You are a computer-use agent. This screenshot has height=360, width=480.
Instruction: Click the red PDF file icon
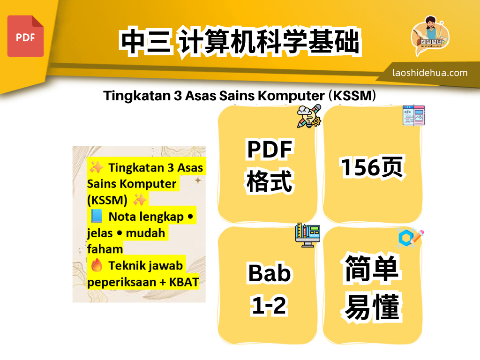(x=25, y=36)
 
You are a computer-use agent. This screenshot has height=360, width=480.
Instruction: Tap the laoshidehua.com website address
(x=430, y=73)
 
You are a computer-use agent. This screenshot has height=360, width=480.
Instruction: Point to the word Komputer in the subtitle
(x=297, y=96)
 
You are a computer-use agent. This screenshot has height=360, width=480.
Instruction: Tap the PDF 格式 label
(x=270, y=166)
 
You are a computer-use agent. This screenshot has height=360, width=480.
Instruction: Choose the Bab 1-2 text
(x=270, y=289)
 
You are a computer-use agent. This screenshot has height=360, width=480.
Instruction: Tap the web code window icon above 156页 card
(x=413, y=115)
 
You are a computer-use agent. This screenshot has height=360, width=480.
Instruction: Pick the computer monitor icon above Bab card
(x=308, y=235)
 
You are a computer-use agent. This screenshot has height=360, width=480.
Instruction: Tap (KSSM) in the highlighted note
(x=107, y=200)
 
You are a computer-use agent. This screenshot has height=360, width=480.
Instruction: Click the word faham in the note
(x=105, y=249)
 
